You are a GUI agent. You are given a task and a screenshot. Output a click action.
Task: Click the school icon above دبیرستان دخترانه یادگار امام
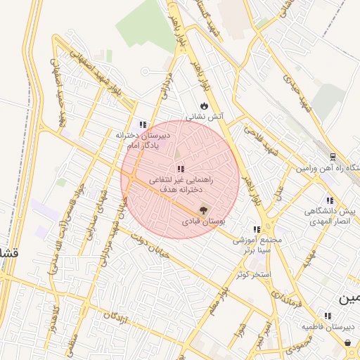pos(143,124)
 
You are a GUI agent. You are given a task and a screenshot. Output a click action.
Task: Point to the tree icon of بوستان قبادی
pos(204,209)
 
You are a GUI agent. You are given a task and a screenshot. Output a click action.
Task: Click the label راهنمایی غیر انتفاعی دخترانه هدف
pos(181,185)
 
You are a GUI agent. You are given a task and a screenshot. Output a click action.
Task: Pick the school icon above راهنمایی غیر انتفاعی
pos(181,169)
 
